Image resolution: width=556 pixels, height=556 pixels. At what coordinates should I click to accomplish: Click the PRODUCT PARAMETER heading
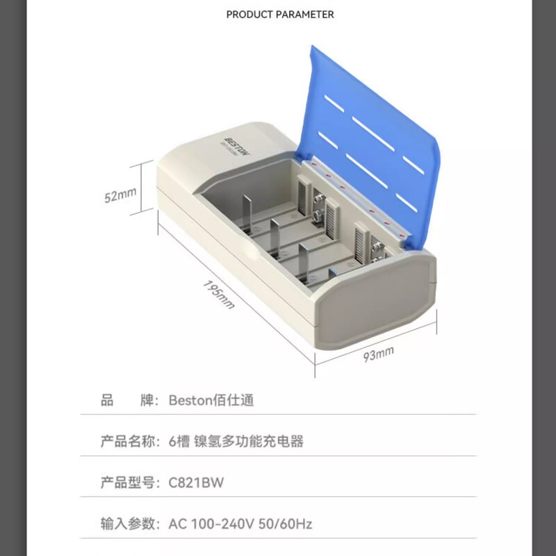(280, 15)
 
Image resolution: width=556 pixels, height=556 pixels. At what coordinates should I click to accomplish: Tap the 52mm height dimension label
(120, 195)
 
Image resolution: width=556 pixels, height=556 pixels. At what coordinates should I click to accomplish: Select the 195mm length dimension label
(219, 295)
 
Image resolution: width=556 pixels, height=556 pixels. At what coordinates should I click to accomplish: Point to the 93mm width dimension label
(378, 354)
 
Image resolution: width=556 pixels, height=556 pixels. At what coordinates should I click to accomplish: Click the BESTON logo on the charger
(237, 146)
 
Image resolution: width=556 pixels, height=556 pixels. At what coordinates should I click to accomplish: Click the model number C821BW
(196, 482)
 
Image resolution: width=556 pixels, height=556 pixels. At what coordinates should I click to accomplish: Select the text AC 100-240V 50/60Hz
(240, 524)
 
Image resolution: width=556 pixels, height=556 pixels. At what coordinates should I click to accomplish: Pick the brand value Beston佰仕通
(211, 400)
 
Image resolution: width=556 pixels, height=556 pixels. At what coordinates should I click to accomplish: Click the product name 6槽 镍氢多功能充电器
(236, 441)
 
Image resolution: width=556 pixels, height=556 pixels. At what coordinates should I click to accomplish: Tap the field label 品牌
(128, 400)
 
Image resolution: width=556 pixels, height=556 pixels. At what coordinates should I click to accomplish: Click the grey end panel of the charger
(374, 300)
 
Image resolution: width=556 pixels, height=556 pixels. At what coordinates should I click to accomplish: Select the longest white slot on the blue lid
(373, 134)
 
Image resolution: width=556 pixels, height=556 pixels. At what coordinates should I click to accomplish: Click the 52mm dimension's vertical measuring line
(142, 188)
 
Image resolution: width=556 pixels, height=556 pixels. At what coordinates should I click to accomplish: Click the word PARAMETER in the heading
(305, 15)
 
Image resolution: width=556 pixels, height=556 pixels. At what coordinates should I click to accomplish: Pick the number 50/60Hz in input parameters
(286, 524)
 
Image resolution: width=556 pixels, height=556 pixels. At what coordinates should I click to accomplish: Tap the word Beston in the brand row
(190, 400)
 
